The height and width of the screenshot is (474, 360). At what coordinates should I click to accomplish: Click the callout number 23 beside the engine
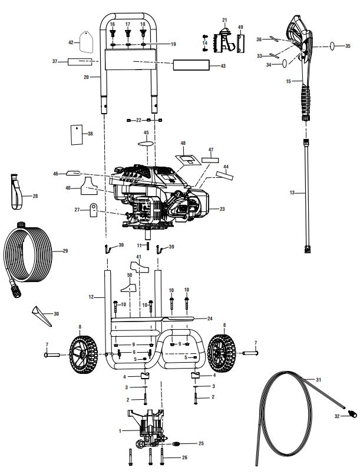(x=223, y=208)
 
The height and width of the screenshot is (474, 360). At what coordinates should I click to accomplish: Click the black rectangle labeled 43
(x=191, y=65)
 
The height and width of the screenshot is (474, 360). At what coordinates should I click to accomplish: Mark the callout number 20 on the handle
(x=87, y=77)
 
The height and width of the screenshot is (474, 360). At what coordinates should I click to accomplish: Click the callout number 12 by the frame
(x=91, y=298)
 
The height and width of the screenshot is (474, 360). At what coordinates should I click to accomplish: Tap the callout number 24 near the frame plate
(x=209, y=319)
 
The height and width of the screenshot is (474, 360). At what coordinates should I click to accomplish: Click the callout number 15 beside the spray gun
(x=289, y=81)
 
